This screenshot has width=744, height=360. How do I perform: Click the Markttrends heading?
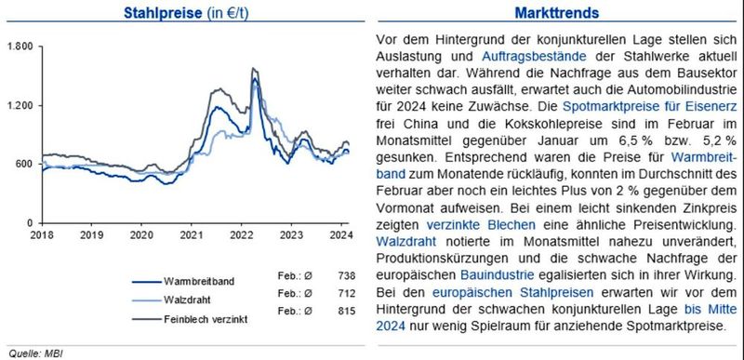(556, 13)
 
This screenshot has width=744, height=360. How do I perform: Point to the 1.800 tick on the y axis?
(20, 46)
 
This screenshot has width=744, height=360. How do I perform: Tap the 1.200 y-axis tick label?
(20, 105)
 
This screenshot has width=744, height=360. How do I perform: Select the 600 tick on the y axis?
(25, 164)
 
